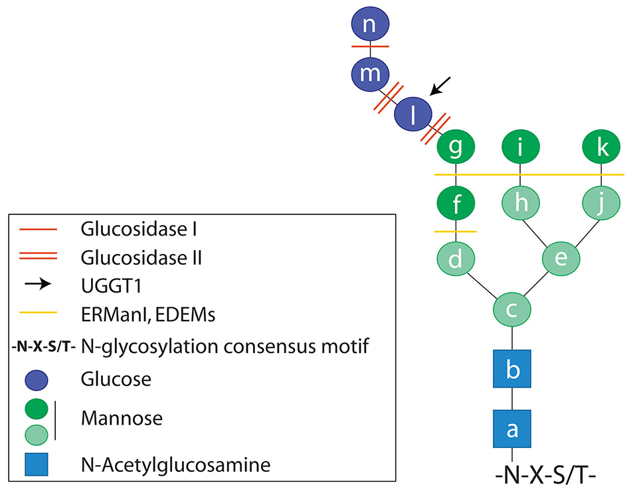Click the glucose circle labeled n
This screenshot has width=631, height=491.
370,26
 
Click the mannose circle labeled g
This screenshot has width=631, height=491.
456,149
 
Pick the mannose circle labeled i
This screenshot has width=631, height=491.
520,149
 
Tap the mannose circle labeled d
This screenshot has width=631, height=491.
456,258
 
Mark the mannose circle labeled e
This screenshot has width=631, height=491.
561,258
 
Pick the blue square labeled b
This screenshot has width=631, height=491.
512,369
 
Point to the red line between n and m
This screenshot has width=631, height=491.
370,47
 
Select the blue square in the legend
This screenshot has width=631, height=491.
38,464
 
